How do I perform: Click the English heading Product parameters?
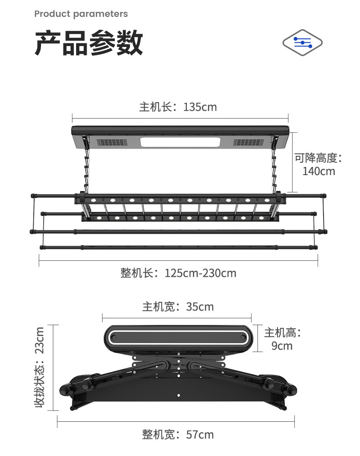[x=81, y=14]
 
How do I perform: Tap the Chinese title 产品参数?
[x=89, y=43]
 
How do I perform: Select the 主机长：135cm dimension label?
[x=178, y=107]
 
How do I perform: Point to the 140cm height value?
[x=319, y=171]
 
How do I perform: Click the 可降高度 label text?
[x=318, y=158]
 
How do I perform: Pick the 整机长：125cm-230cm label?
[x=178, y=273]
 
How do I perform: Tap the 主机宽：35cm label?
[x=178, y=306]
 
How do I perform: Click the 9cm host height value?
[x=282, y=346]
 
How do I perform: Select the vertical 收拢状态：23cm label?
[x=40, y=367]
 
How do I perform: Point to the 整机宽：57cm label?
[x=178, y=435]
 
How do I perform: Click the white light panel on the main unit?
[x=181, y=142]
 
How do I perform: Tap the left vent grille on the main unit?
[x=111, y=142]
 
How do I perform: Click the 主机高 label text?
[x=283, y=332]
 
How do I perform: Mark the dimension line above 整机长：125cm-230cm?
[x=178, y=260]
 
